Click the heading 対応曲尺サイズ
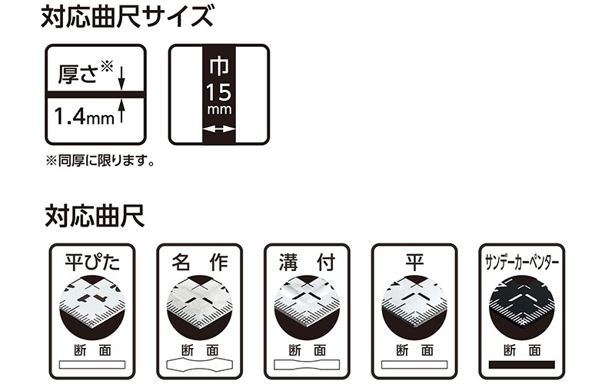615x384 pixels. pos(128,16)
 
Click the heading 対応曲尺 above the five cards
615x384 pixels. pos(95,216)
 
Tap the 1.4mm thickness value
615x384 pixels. pos(84,117)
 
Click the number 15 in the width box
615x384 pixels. pos(219,92)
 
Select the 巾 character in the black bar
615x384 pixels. pos(219,66)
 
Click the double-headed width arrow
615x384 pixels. pos(219,128)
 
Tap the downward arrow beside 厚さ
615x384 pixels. pos(121,78)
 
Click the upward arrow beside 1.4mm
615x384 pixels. pos(121,111)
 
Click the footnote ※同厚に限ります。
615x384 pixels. pos(100,161)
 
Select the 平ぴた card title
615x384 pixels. pos(92,262)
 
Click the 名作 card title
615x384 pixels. pos(200,262)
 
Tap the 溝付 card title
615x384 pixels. pos(307,262)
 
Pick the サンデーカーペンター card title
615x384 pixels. pos(522,262)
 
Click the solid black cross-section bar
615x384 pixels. pos(522,365)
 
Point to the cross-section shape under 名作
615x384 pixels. pos(200,365)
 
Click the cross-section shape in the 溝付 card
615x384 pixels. pos(307,365)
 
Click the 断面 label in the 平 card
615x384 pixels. pos(414,350)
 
